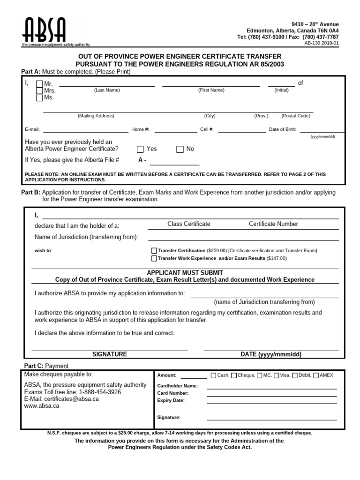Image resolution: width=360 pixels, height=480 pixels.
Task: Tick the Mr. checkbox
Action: [x=39, y=83]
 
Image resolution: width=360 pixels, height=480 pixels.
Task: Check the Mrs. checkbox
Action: [x=39, y=90]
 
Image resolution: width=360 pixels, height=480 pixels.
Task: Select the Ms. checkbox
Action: [x=39, y=97]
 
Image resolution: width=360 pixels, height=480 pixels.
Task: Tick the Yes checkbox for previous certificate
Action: [x=140, y=149]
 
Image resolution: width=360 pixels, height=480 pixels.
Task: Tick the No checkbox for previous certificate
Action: [x=180, y=149]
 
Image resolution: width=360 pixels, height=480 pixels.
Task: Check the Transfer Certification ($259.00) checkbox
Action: [x=154, y=251]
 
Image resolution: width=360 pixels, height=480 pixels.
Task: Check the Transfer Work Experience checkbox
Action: [x=154, y=258]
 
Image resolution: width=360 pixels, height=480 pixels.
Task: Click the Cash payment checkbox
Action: [x=214, y=375]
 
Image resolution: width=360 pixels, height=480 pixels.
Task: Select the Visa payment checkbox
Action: [x=277, y=375]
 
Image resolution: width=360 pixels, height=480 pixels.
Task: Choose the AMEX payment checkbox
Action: [x=316, y=375]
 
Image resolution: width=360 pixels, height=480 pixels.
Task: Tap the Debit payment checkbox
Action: [x=295, y=375]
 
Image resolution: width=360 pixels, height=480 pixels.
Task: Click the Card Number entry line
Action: [x=272, y=394]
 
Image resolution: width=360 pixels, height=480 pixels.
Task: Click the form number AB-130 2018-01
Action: [x=322, y=43]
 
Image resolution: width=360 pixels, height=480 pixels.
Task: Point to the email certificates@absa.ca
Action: [x=61, y=399]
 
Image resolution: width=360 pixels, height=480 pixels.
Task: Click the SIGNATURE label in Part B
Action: [x=109, y=354]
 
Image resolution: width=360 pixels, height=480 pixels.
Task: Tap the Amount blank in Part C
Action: [x=194, y=375]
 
